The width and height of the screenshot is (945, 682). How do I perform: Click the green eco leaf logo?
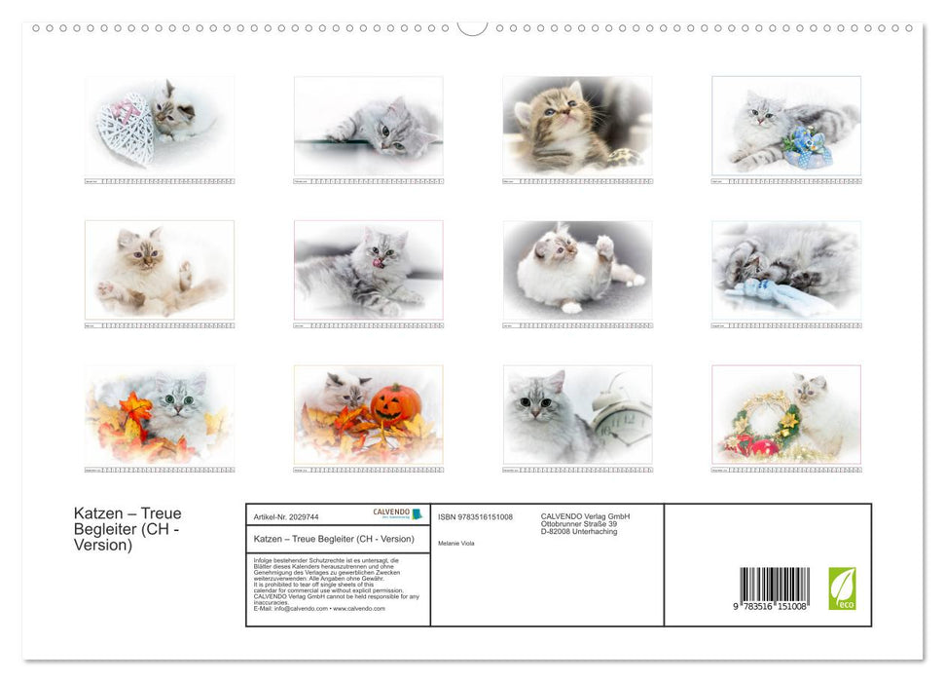pos(842,588)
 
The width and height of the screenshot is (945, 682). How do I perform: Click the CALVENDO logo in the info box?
pos(397,513)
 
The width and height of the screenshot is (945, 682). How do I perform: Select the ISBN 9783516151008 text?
pos(475,517)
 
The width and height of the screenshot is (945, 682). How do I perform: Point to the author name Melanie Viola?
pos(456,543)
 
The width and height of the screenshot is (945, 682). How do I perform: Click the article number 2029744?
pos(286,517)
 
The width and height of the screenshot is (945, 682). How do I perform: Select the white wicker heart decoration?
pos(126,132)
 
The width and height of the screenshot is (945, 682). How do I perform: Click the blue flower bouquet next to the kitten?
pos(807,147)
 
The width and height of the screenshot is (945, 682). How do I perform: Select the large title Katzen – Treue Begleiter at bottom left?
pos(127,529)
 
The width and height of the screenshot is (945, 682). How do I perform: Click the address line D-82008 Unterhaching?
pos(579,532)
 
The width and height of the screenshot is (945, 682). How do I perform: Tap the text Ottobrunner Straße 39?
pos(580,524)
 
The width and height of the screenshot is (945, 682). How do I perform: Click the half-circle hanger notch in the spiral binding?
pos(472,28)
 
